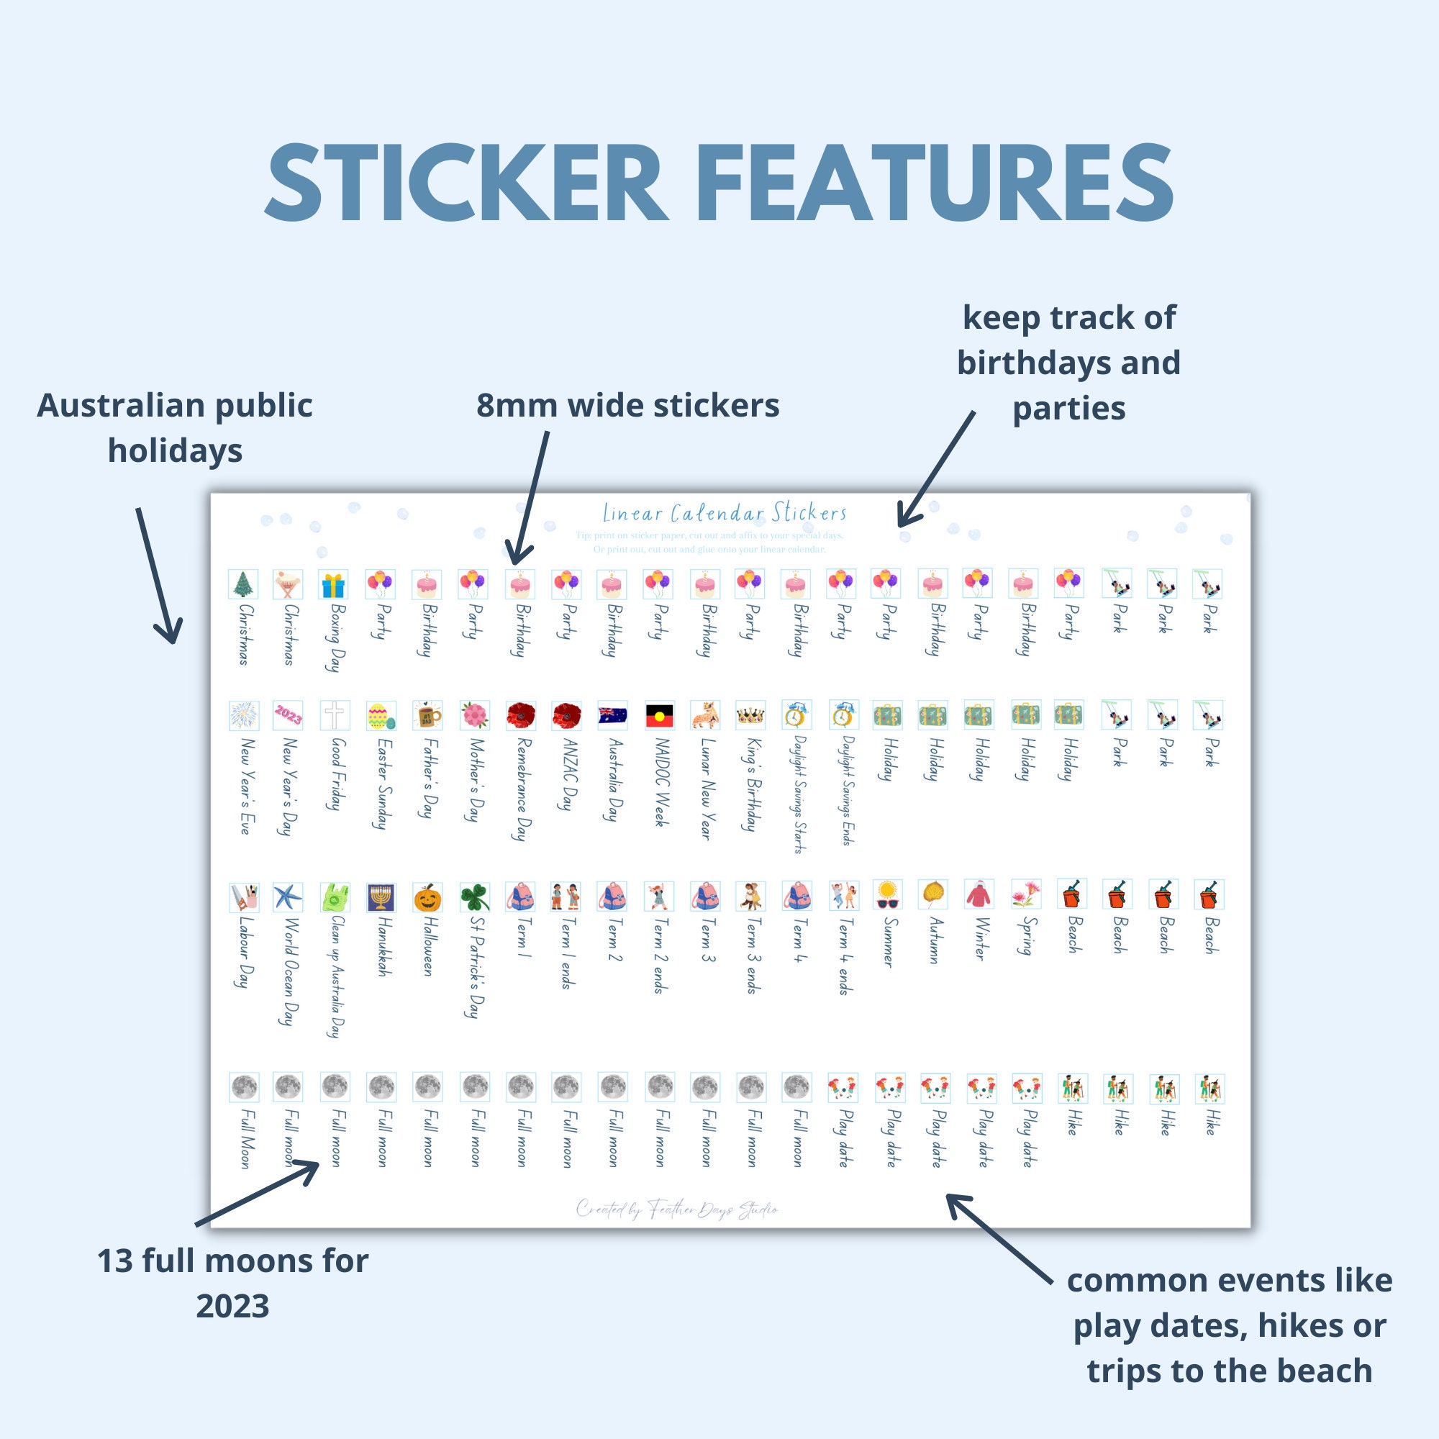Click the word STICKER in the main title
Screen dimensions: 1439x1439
463,183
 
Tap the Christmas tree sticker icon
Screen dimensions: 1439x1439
242,584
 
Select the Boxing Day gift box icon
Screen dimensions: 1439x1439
334,585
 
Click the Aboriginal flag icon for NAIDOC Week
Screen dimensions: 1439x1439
659,715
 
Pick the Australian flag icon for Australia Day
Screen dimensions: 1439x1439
612,715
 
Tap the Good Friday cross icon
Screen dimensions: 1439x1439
335,715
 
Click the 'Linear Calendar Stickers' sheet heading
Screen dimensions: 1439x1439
724,513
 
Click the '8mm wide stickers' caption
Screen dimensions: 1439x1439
627,406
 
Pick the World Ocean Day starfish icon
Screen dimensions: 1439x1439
288,897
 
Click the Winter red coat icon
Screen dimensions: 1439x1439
979,894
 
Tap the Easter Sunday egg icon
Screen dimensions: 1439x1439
381,716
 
